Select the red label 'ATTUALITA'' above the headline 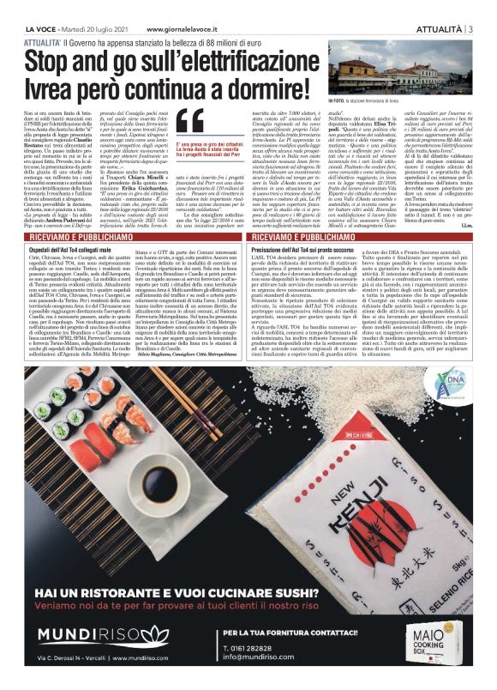click(44, 40)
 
